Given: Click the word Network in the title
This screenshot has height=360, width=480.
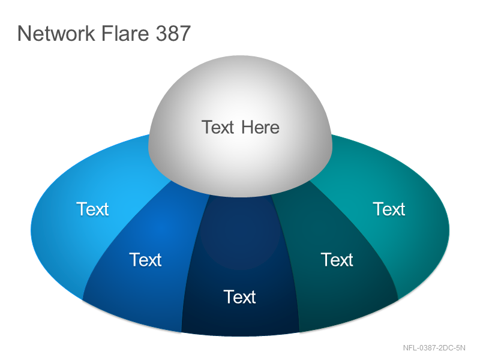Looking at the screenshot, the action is click(56, 33).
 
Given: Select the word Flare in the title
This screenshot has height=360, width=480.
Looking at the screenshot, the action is click(125, 33).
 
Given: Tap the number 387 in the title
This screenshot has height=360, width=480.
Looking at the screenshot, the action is click(173, 33).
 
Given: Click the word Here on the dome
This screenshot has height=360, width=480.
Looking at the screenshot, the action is click(260, 127).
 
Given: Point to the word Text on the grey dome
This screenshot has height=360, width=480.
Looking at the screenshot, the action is click(218, 127).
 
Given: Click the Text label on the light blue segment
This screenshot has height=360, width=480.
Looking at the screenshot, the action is click(92, 209).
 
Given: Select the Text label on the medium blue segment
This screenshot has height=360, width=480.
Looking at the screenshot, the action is click(145, 260).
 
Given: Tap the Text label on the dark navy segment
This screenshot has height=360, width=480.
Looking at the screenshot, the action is click(239, 296).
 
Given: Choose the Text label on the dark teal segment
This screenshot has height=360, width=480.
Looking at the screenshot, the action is click(337, 260).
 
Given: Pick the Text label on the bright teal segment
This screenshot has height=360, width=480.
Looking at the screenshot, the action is click(389, 209).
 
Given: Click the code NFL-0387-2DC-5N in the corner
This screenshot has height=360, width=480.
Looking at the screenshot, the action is click(434, 348).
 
